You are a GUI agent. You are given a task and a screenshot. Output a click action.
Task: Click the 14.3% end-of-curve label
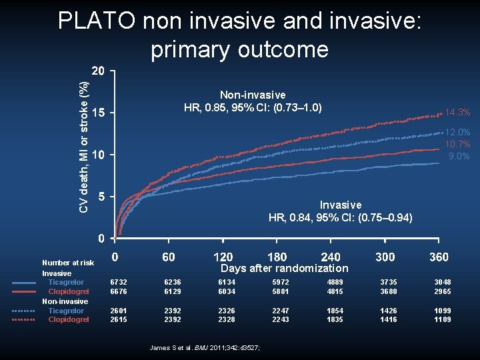(457, 112)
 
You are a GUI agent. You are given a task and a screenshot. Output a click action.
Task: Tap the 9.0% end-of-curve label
(459, 156)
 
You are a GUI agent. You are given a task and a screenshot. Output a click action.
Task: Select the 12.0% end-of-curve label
(457, 133)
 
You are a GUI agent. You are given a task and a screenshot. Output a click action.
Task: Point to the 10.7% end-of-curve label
(457, 145)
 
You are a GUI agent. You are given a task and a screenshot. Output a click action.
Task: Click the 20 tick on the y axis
(98, 71)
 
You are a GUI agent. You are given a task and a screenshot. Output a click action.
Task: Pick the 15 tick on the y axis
(98, 113)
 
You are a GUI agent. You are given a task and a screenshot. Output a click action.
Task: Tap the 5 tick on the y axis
(101, 197)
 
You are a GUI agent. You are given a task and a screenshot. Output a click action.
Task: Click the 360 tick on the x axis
(438, 257)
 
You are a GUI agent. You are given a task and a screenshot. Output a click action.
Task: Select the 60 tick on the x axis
(169, 257)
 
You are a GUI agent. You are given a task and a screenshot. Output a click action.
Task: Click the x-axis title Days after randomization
(284, 268)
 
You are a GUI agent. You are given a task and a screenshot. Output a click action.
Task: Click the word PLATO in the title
(99, 22)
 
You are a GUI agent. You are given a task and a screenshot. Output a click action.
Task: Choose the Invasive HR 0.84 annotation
(340, 211)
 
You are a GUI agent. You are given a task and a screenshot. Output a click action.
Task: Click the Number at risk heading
(68, 263)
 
